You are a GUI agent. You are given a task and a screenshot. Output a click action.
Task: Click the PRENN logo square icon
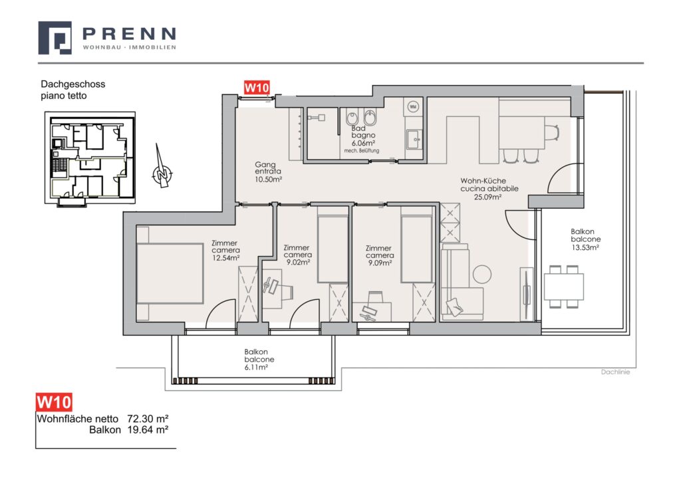55,38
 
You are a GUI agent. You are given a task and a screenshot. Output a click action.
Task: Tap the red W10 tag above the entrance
257,88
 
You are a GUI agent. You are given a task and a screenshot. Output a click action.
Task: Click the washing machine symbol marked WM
412,106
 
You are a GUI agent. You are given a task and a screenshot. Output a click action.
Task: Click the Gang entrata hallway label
265,168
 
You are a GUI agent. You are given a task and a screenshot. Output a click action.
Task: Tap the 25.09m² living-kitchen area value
487,197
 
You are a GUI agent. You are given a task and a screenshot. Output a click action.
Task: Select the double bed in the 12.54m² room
170,273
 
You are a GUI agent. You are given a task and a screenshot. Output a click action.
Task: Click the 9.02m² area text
297,262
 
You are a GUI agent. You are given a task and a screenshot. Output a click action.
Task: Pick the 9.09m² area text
380,263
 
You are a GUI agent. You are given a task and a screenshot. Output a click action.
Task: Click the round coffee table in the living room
481,275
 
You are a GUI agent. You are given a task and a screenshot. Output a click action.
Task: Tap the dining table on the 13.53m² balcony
563,287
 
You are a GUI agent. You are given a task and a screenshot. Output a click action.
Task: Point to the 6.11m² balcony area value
256,367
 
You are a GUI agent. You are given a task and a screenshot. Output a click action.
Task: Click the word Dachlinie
615,372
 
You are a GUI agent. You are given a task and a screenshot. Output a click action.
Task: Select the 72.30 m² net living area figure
148,419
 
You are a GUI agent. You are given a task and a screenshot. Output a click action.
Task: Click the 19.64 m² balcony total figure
148,430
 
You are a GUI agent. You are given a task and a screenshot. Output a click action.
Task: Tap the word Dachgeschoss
73,84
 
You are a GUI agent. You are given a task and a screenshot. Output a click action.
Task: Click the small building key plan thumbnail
90,158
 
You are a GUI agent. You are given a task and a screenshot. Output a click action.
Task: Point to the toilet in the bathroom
352,117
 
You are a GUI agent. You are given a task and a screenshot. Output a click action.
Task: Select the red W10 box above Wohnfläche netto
54,402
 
